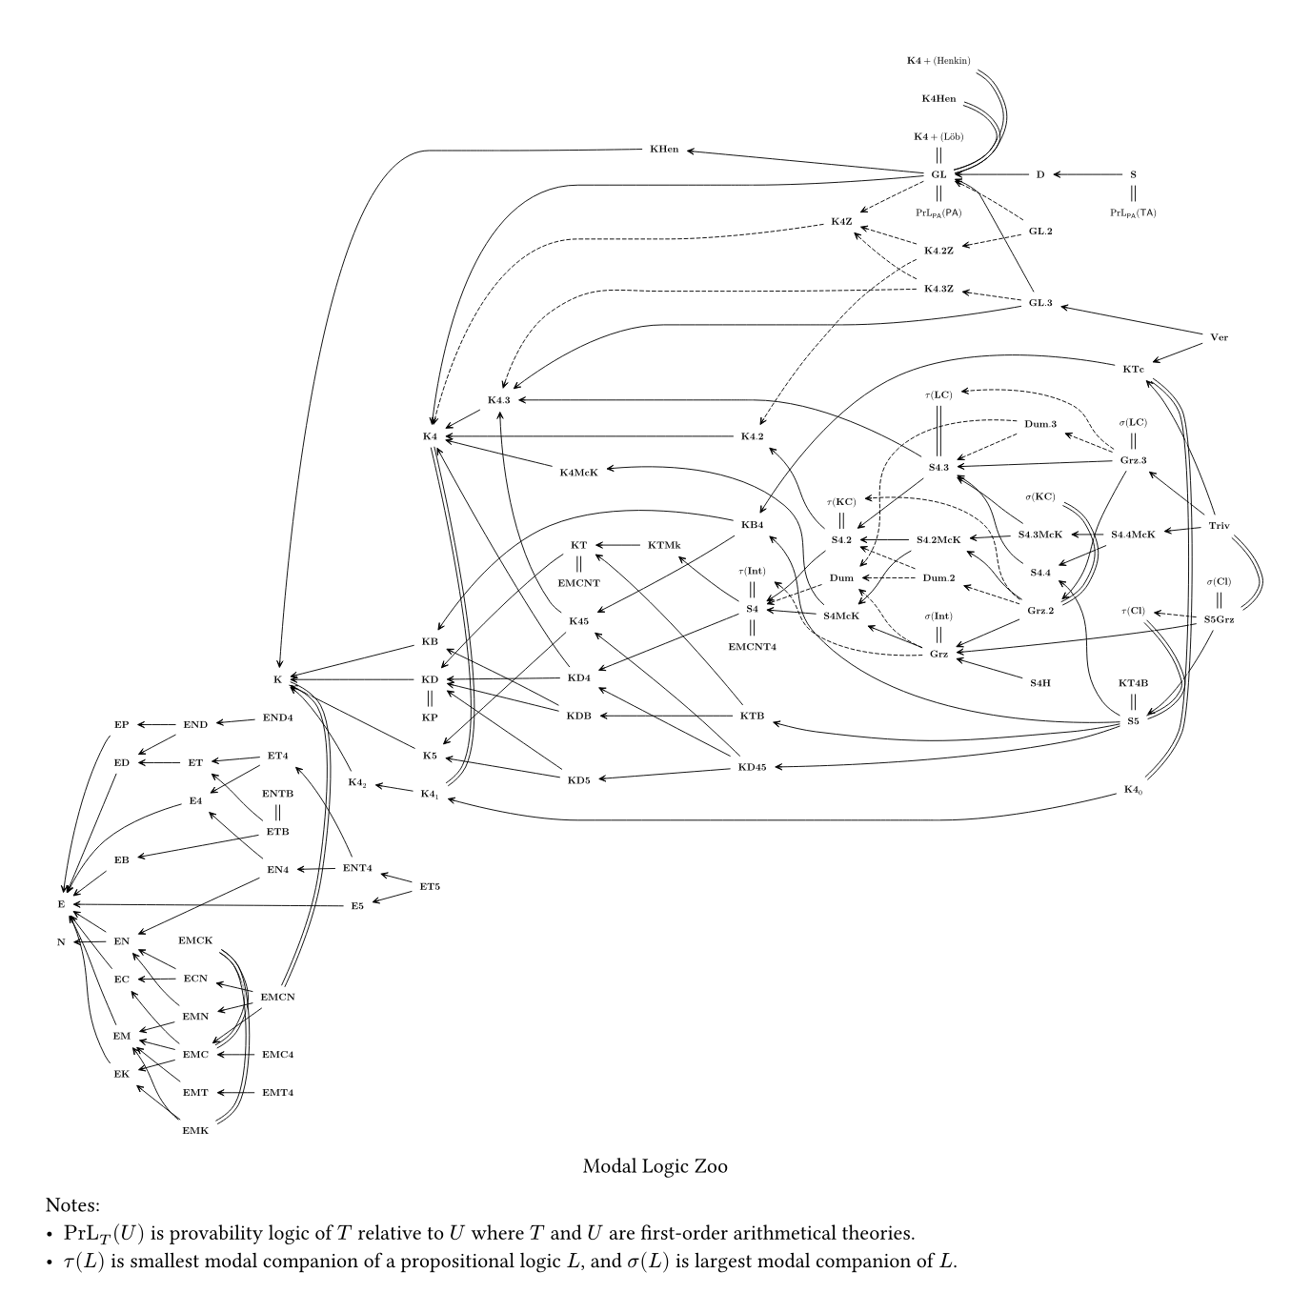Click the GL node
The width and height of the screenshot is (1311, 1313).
coord(938,174)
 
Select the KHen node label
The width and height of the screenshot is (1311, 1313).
coord(664,150)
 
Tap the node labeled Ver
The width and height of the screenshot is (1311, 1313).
coord(1219,337)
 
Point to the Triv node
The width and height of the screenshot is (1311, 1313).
coord(1219,526)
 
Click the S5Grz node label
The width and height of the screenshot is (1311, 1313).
coord(1219,619)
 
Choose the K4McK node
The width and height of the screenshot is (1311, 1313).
coord(578,473)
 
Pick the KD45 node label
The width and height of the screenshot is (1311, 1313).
coord(752,767)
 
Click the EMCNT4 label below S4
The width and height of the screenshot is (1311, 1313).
coord(753,647)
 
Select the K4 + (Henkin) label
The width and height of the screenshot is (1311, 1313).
coord(938,61)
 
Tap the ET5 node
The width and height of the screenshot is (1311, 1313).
coord(430,887)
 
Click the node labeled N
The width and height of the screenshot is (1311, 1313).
coord(61,942)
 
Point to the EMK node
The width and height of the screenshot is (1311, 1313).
coord(195,1131)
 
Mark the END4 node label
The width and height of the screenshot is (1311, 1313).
coord(277,717)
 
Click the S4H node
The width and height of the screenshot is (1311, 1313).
coord(1039,682)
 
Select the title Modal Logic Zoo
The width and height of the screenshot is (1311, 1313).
coord(655,1166)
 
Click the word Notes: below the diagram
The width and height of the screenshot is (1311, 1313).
coord(72,1205)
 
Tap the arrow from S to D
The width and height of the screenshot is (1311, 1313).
coord(1087,174)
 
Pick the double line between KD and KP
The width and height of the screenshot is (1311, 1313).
coord(430,698)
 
